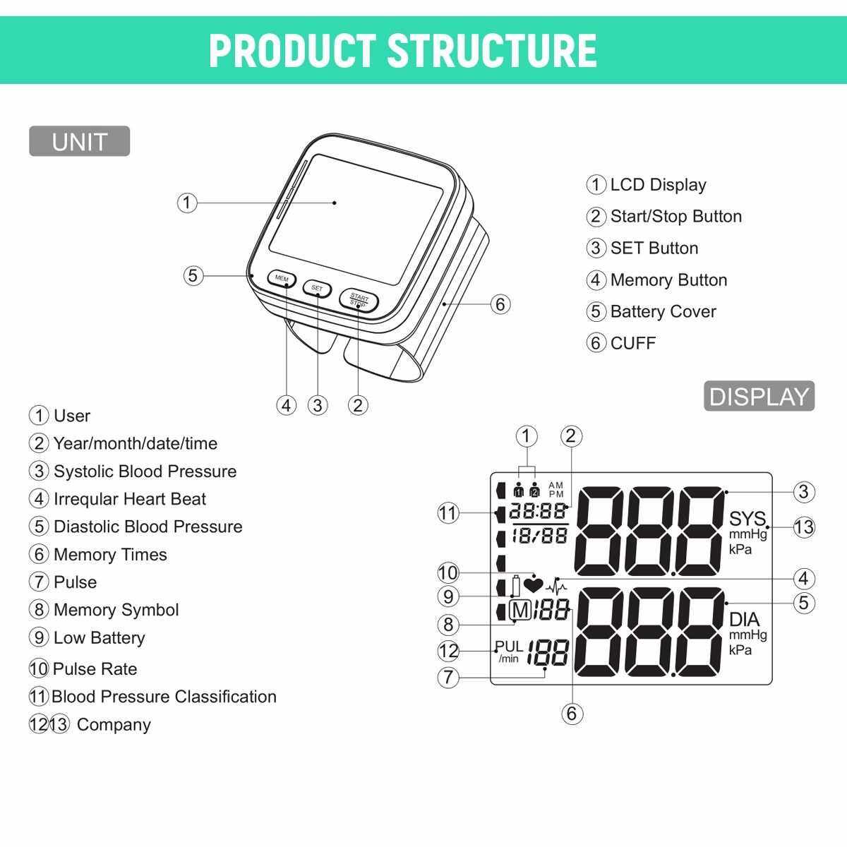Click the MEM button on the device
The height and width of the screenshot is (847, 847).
282,279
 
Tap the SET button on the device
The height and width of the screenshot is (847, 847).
317,289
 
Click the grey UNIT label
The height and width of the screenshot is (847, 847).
80,141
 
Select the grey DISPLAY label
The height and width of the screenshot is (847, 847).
759,396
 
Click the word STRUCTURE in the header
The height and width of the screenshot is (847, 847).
491,51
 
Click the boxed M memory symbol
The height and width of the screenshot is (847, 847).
520,610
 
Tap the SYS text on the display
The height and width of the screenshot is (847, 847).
747,519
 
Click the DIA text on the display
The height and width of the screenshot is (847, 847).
744,619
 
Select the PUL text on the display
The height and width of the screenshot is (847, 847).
509,646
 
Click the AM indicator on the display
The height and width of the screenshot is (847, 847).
556,485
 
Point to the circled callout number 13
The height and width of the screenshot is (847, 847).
804,527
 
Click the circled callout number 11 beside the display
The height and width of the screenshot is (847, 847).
448,513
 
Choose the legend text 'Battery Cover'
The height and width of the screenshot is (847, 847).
663,312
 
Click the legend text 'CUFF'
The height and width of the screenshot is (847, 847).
633,343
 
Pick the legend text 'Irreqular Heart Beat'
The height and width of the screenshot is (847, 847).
130,499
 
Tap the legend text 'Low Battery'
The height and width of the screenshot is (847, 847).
100,638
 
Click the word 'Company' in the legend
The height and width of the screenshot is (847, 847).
114,725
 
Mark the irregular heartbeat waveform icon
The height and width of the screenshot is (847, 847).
556,587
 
